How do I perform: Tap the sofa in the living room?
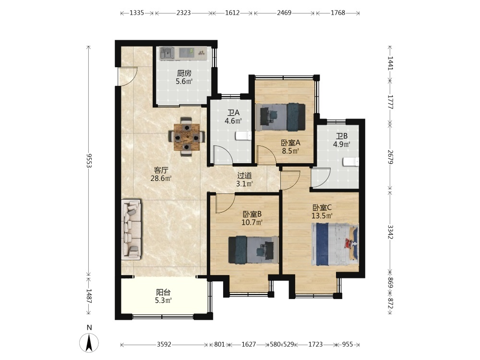(132, 229)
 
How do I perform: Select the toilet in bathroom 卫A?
(243, 136)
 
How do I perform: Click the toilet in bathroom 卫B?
(351, 162)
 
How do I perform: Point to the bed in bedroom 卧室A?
(283, 117)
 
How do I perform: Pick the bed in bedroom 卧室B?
(253, 250)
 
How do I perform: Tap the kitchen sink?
(167, 53)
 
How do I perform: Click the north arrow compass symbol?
(89, 343)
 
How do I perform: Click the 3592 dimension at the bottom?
(164, 344)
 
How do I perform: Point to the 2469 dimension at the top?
(284, 13)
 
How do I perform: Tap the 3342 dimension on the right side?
(390, 232)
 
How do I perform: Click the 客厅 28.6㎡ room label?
(161, 174)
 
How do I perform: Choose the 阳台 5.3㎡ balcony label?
(163, 296)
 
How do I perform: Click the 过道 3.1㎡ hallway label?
(244, 180)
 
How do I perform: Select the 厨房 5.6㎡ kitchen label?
(184, 77)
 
